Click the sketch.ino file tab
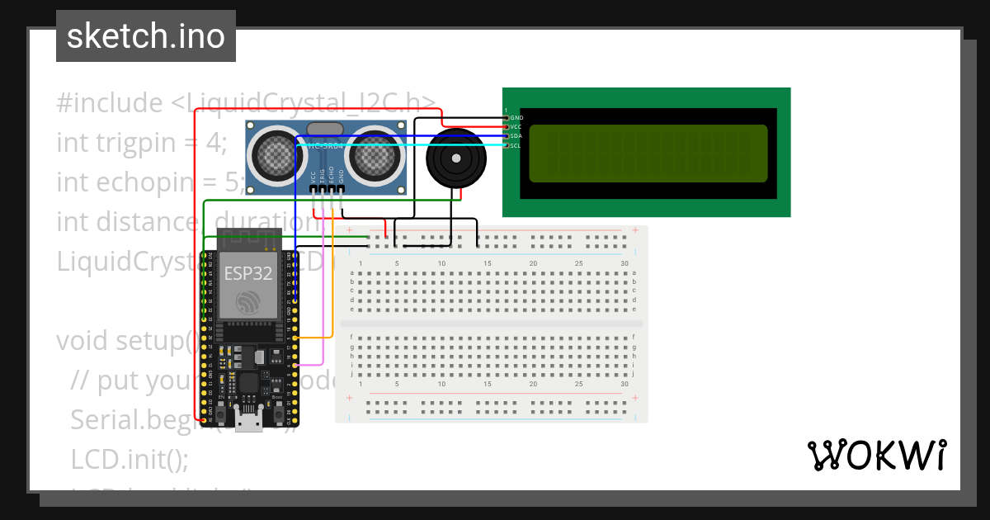tap(145, 36)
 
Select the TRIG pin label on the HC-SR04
tap(322, 175)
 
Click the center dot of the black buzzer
tap(453, 158)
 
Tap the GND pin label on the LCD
tap(516, 118)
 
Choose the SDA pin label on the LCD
tap(516, 136)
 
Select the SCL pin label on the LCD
tap(516, 145)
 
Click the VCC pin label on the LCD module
tap(516, 127)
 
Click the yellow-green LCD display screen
tap(648, 154)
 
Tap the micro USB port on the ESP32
tap(247, 422)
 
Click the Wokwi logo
tap(876, 455)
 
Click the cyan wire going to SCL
tap(412, 145)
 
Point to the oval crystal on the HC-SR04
tap(324, 128)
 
